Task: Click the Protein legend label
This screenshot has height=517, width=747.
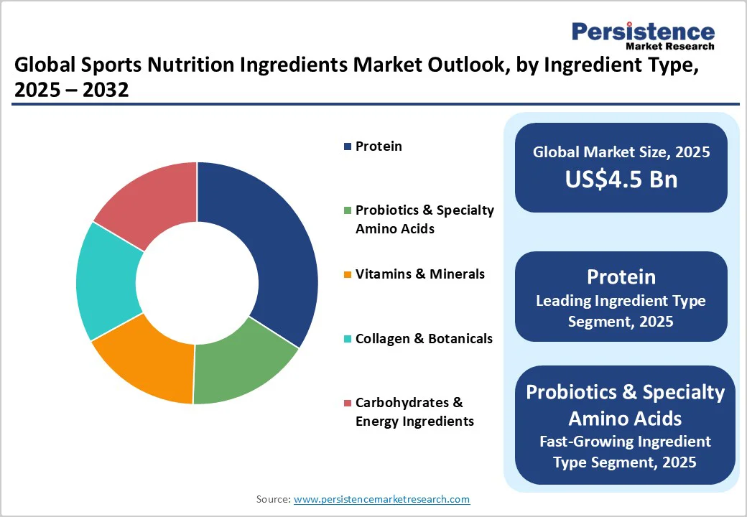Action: (379, 146)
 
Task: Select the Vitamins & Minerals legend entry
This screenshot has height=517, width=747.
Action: (420, 274)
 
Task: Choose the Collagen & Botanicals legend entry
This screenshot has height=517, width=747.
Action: (424, 338)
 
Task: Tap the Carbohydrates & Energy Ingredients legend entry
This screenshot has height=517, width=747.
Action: (414, 412)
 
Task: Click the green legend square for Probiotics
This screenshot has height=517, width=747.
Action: (348, 210)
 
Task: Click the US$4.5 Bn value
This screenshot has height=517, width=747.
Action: (621, 179)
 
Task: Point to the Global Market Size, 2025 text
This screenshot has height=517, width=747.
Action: (621, 152)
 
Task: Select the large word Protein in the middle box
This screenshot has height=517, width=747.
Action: (621, 276)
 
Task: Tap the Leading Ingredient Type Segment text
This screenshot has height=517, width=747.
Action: (621, 311)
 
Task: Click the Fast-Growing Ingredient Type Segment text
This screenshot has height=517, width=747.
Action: (624, 452)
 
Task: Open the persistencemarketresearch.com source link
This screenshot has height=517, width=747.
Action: (381, 499)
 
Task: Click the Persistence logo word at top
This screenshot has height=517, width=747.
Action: (643, 32)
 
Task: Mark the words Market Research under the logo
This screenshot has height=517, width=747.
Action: (669, 47)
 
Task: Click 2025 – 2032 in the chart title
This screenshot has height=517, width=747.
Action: (71, 91)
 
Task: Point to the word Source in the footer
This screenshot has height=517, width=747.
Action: (272, 499)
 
